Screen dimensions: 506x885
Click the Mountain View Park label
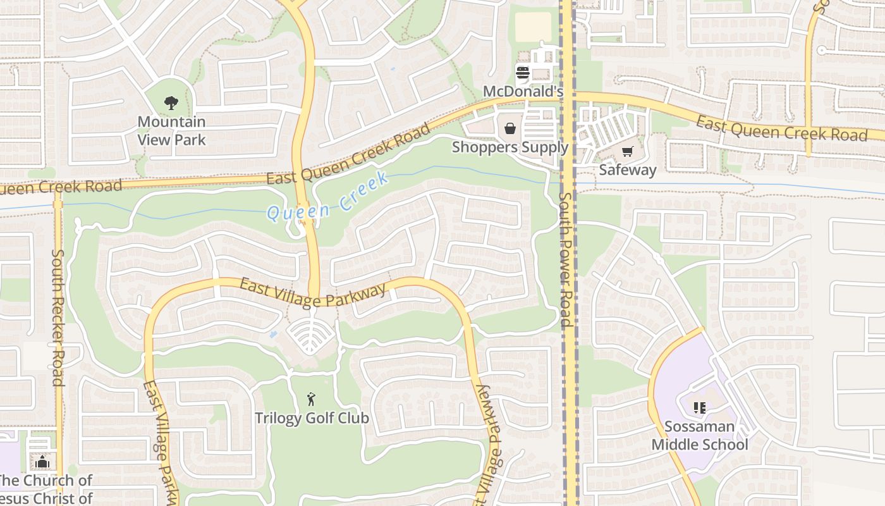[171, 130]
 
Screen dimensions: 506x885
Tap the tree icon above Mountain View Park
[171, 102]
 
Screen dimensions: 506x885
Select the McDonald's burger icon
[523, 72]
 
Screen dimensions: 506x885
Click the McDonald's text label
[523, 92]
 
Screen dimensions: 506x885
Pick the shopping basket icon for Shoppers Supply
[510, 128]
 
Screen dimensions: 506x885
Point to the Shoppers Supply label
[510, 147]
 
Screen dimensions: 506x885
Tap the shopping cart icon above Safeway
[627, 151]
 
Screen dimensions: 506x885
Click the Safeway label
[627, 170]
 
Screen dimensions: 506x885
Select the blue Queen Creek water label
[327, 197]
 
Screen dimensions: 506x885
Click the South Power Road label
[565, 259]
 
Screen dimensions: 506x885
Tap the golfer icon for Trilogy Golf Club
[311, 399]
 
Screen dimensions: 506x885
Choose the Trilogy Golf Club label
[312, 418]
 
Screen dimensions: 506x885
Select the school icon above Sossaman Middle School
[699, 408]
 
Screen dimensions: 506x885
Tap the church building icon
[42, 462]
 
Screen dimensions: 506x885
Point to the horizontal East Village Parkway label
[313, 294]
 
